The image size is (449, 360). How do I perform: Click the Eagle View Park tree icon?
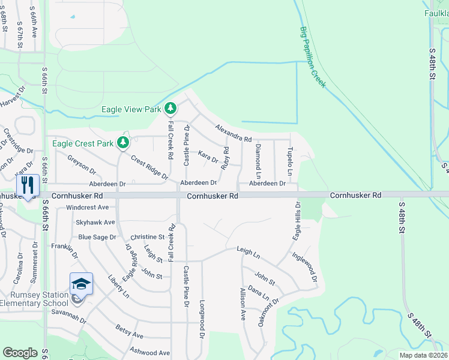tap(171, 109)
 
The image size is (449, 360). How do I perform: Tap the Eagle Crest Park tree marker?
tap(123, 142)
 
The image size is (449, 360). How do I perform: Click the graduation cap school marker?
tap(81, 283)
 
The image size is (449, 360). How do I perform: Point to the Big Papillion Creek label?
tap(313, 58)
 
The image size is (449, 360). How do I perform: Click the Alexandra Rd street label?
tap(234, 133)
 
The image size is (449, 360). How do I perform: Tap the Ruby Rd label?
tap(226, 158)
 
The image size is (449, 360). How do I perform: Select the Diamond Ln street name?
tap(258, 161)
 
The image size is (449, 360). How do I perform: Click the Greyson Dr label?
tap(82, 164)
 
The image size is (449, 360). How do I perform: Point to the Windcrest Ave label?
tap(88, 208)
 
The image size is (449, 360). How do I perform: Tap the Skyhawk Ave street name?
tap(95, 222)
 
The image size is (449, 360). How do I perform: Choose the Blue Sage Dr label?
tap(97, 237)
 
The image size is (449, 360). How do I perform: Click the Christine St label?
tap(143, 237)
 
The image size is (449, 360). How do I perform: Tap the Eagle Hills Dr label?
tap(296, 223)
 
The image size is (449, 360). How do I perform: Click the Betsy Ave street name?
tap(130, 335)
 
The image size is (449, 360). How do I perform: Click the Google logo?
tap(20, 353)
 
